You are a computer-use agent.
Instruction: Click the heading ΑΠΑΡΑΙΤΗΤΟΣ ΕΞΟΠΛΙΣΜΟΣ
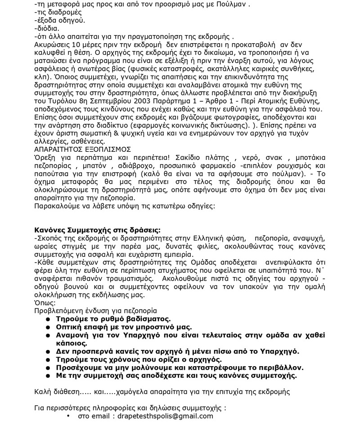point(82,150)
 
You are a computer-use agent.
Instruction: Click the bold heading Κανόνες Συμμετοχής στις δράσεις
point(97,230)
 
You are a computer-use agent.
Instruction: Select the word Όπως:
point(45,303)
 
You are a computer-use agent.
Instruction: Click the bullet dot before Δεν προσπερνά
point(48,351)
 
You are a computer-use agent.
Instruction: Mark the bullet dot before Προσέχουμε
point(48,368)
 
